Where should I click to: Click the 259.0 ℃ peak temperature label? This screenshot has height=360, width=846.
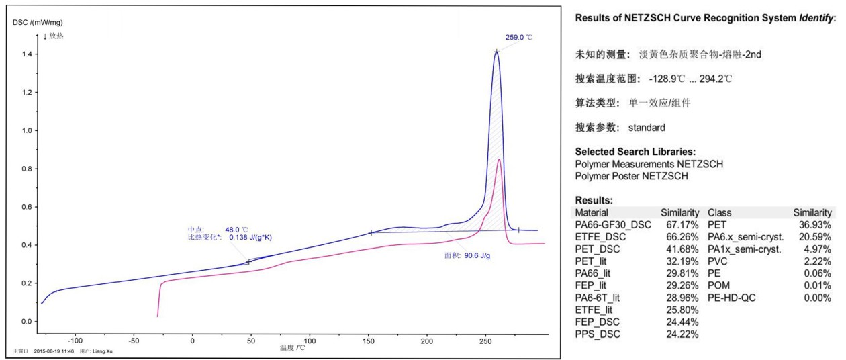[518, 38]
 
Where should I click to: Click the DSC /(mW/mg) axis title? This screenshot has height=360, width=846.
[38, 22]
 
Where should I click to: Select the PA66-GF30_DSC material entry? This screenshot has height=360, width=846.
[613, 224]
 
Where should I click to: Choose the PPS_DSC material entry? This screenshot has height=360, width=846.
[598, 334]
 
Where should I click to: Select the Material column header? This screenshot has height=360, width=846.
[592, 212]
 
